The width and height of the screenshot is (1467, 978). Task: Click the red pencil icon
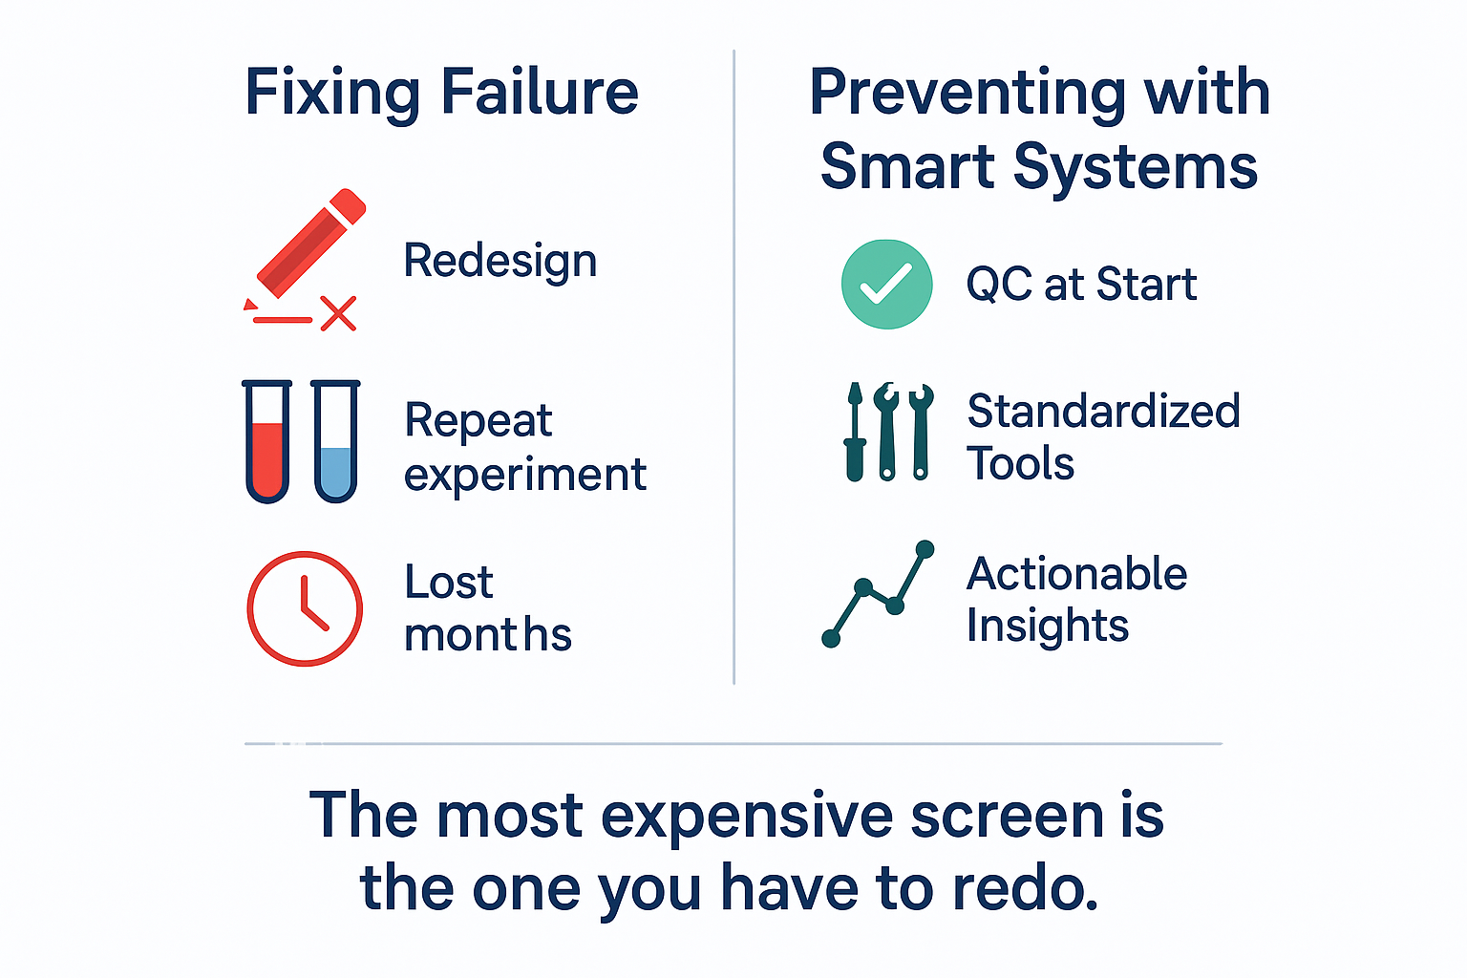coord(311,244)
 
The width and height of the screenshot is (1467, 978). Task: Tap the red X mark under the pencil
coord(339,313)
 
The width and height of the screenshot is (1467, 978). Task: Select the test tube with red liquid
coord(267,441)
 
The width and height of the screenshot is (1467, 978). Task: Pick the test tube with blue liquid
coord(336,441)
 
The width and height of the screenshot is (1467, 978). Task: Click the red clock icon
coord(305,608)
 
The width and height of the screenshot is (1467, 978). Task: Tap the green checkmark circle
coord(886,285)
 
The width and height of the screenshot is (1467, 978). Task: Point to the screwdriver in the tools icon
coord(855,432)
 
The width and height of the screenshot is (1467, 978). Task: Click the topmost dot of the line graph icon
coord(925,549)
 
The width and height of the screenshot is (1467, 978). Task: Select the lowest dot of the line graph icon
coord(831,638)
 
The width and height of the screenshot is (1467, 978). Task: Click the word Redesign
coord(500,262)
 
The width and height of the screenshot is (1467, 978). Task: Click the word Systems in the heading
coord(1136,168)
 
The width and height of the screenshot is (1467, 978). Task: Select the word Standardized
coord(1103,411)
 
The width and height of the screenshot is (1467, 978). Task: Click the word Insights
coord(1048,627)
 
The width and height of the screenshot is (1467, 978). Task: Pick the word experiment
coord(525,475)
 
